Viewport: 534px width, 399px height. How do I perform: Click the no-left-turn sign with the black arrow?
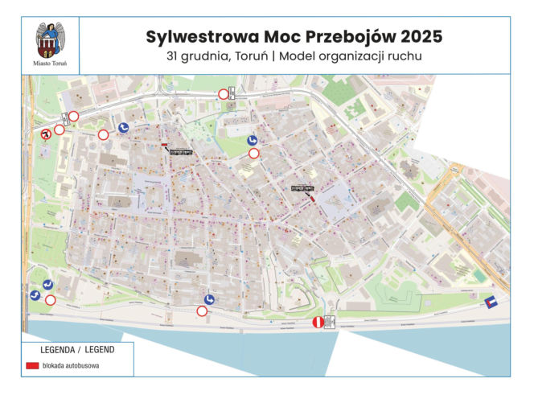click(x=47, y=134)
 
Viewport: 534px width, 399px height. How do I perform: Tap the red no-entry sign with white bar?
click(x=318, y=323)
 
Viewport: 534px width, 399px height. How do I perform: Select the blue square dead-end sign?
click(x=491, y=301)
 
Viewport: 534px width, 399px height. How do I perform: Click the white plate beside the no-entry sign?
click(x=330, y=323)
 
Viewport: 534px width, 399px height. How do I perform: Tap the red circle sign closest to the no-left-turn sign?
click(x=59, y=130)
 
